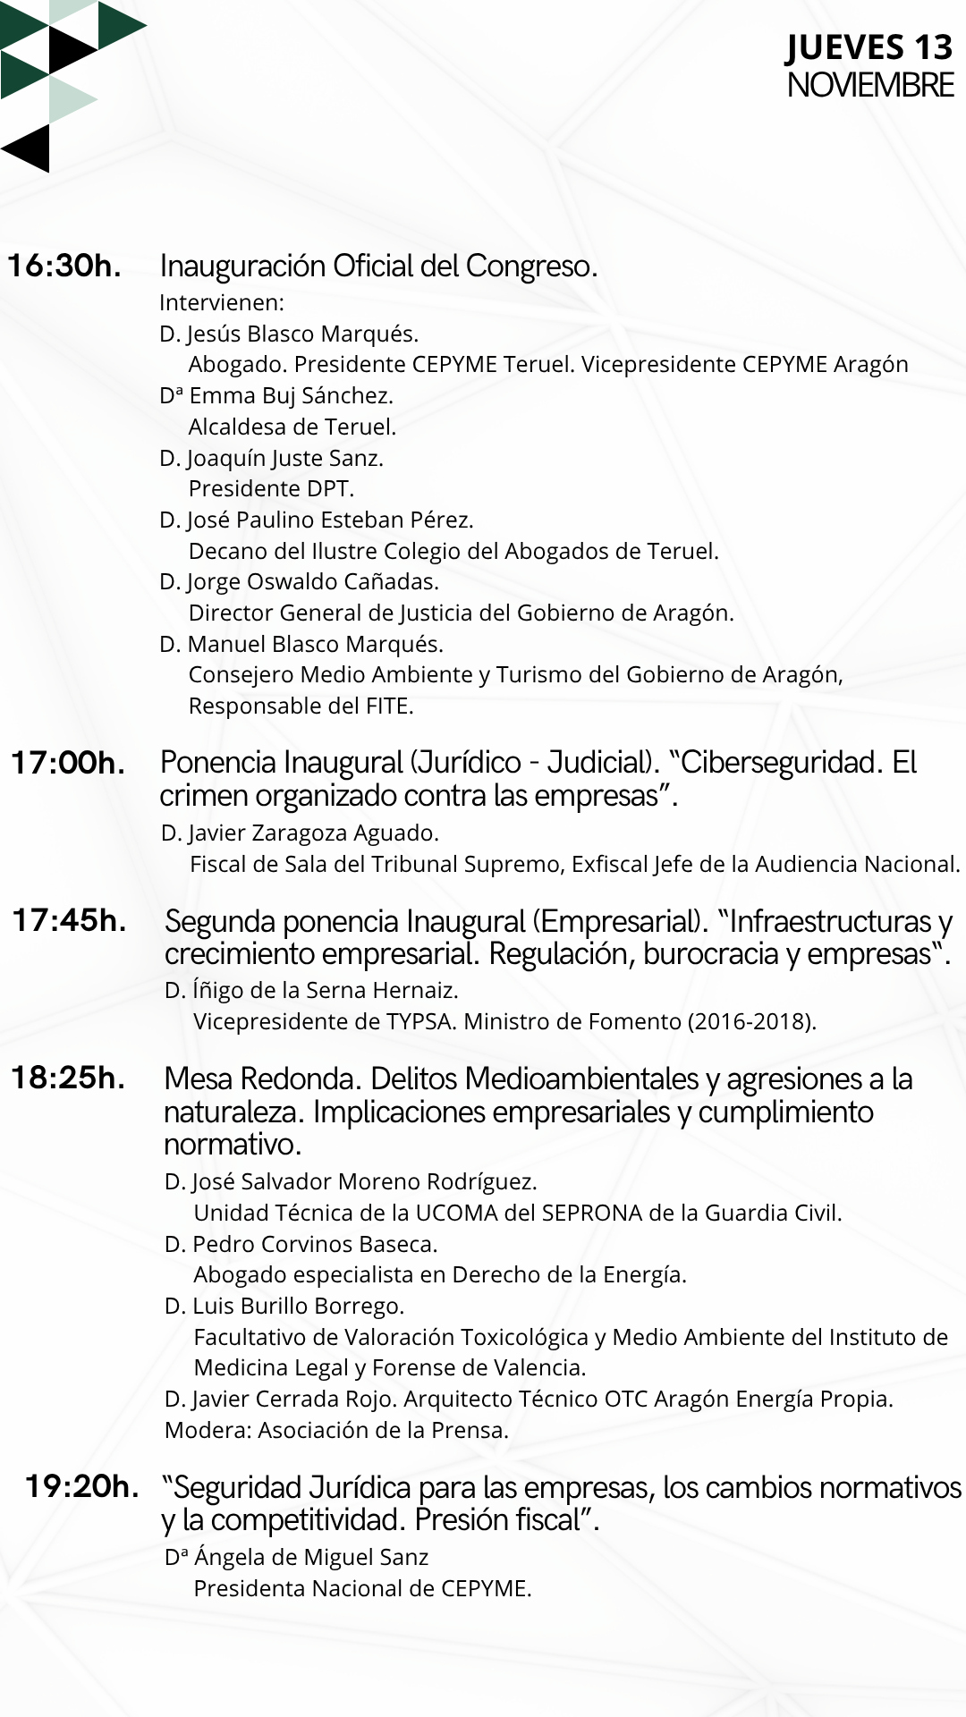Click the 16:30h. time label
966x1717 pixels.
click(64, 266)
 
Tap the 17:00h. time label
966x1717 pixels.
click(68, 763)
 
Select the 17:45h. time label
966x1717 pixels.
click(69, 920)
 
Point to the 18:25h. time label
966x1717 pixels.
click(68, 1078)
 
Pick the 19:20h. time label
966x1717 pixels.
click(82, 1486)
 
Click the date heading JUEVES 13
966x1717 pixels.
click(869, 47)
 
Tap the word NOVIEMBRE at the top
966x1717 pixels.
click(869, 86)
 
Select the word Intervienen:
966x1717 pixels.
click(221, 302)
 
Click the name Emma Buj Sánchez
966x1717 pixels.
click(291, 395)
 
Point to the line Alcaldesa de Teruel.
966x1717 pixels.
click(292, 427)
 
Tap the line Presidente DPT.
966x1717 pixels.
click(271, 488)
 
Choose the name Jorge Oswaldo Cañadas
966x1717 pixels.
click(312, 581)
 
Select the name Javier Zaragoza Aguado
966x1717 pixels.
click(313, 833)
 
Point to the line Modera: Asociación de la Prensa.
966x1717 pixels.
click(336, 1430)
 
